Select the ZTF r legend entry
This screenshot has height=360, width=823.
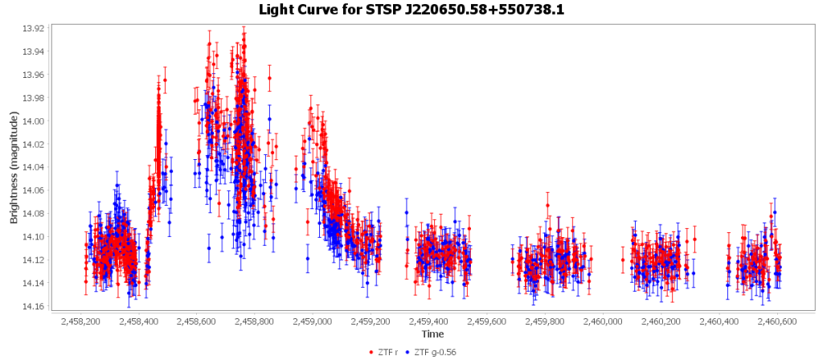point(390,352)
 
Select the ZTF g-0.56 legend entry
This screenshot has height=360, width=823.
point(435,352)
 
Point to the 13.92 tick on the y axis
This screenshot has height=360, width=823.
point(35,28)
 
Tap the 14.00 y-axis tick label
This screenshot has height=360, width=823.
point(35,121)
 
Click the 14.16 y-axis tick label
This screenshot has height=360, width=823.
point(35,306)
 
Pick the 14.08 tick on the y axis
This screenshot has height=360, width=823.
point(35,214)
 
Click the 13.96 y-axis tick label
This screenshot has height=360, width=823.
point(35,75)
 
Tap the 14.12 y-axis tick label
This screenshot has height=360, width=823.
point(35,260)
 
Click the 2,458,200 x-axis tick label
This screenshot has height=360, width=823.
point(80,321)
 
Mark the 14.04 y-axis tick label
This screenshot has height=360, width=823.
point(35,167)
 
